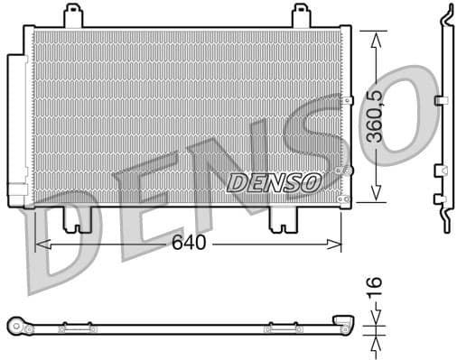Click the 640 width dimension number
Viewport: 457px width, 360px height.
pos(189,243)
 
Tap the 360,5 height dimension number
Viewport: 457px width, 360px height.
pos(377,115)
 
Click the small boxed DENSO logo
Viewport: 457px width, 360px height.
pos(274,182)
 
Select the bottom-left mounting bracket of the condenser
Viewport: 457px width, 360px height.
pos(77,219)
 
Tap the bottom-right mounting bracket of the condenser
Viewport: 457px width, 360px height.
pos(284,219)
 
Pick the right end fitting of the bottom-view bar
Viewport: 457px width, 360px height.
pos(342,323)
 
